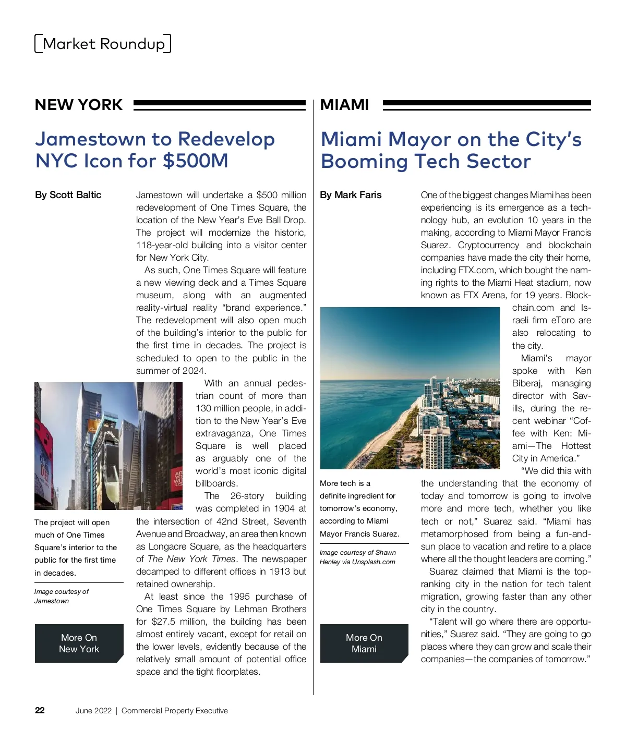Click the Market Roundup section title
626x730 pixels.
[103, 44]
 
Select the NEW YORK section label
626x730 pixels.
[79, 105]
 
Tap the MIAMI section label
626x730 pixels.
[344, 105]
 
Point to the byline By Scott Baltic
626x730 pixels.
[68, 195]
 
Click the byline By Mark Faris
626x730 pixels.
[351, 195]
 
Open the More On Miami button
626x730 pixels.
[364, 643]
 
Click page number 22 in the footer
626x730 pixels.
[40, 710]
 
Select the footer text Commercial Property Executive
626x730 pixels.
[174, 711]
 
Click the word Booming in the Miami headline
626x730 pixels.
[364, 161]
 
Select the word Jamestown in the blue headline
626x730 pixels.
[90, 139]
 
